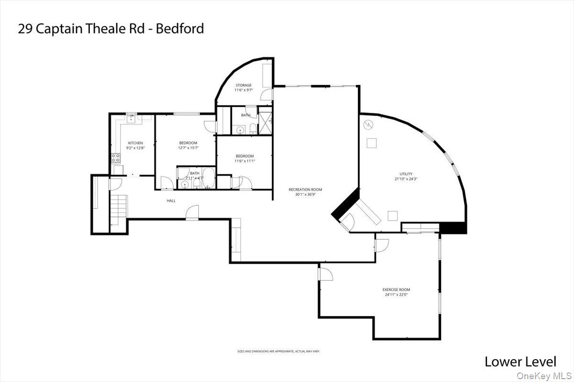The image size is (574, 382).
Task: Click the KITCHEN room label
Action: coord(135,143)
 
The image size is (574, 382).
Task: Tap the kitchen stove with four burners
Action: coord(116,158)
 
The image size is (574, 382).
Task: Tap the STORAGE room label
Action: coord(243,85)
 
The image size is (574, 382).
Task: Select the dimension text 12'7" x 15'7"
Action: coord(188,148)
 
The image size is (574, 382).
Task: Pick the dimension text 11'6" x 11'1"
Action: coord(244,161)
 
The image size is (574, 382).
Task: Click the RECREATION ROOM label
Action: coord(305,190)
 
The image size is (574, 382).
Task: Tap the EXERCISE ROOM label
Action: coord(396,289)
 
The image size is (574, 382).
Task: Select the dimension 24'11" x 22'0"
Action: coord(396,295)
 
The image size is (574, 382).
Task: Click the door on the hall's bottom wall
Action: coord(192,213)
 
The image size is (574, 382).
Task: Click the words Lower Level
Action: coord(520,361)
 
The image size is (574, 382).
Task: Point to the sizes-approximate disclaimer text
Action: coord(278,351)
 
